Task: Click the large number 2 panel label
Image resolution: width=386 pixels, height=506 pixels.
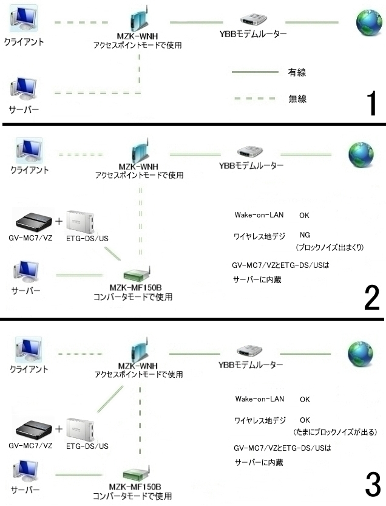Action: [x=371, y=296]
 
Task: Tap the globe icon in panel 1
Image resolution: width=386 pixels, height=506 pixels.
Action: [x=367, y=22]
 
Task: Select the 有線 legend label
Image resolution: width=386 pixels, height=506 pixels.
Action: [x=296, y=72]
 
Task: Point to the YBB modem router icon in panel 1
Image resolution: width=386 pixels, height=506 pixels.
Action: [x=251, y=20]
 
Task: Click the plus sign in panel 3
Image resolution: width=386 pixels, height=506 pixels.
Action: [x=59, y=429]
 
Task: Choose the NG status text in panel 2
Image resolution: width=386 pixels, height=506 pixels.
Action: [x=305, y=234]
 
